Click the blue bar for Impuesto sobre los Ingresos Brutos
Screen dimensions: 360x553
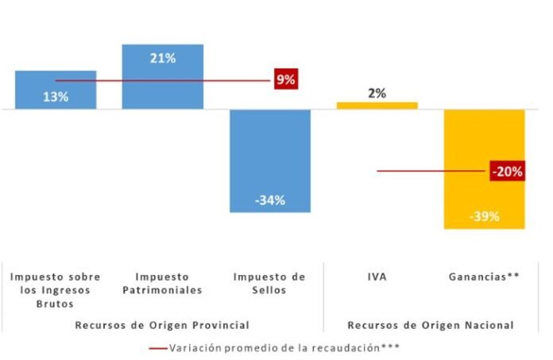pos(56,90)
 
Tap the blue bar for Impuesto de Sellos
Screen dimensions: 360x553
pos(269,159)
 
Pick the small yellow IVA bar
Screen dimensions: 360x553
pos(377,105)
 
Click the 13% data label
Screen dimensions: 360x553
pos(56,97)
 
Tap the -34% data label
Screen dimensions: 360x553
pos(269,200)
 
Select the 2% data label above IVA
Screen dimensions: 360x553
pos(377,93)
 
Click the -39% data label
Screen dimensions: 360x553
pos(484,216)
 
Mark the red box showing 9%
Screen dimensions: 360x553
pos(285,79)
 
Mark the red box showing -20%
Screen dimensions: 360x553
pos(506,171)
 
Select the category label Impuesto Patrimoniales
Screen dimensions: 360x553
pos(162,283)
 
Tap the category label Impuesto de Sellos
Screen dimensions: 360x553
pos(269,283)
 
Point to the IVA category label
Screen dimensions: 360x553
pos(377,277)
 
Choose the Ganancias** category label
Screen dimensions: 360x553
pos(484,277)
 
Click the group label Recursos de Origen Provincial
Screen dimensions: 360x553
pos(162,325)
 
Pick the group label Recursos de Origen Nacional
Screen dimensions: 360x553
pos(430,325)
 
